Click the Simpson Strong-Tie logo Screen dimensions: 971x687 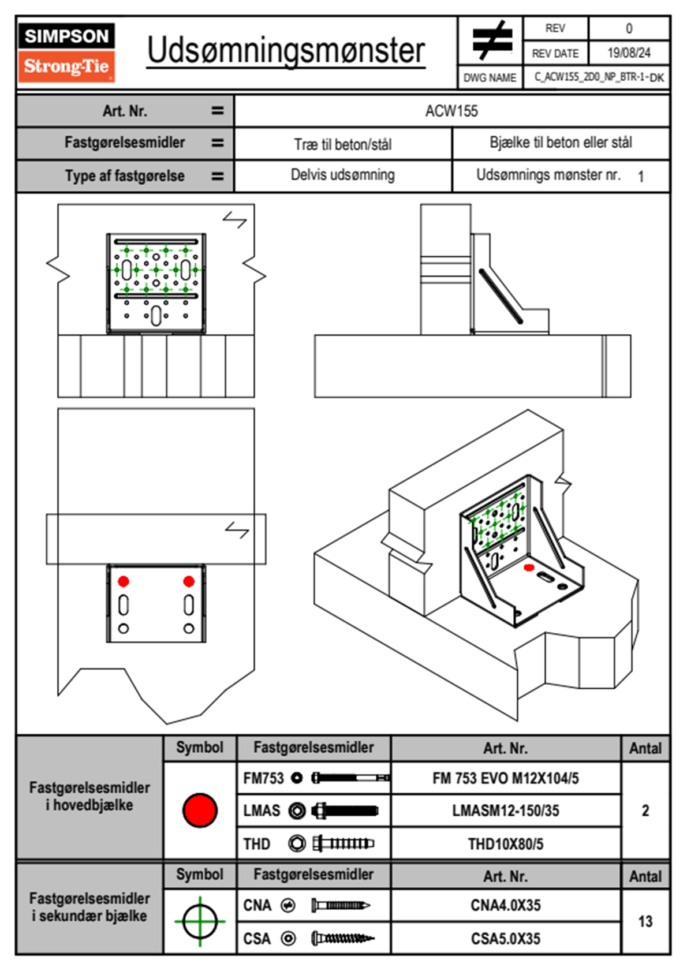point(66,52)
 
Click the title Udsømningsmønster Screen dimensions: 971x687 point(286,51)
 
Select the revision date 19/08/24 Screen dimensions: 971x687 point(629,53)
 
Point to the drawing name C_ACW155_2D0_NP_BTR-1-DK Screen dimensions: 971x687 point(599,77)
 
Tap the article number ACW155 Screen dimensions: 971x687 point(451,111)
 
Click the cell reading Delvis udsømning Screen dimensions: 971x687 point(342,175)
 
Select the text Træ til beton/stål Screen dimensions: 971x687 point(342,144)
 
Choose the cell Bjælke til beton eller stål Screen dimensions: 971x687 point(561,143)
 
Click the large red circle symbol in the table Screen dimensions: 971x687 point(200,810)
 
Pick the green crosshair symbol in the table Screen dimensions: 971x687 point(200,921)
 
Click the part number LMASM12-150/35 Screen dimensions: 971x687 point(505,811)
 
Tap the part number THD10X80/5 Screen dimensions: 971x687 point(505,844)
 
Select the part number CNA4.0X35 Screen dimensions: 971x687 point(505,905)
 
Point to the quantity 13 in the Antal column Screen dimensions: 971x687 point(645,921)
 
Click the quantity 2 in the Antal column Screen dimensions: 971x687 point(645,811)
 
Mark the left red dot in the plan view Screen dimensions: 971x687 point(123,581)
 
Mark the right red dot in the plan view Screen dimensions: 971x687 point(189,581)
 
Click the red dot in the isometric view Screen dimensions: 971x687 point(528,568)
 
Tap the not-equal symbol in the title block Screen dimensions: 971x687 point(491,40)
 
